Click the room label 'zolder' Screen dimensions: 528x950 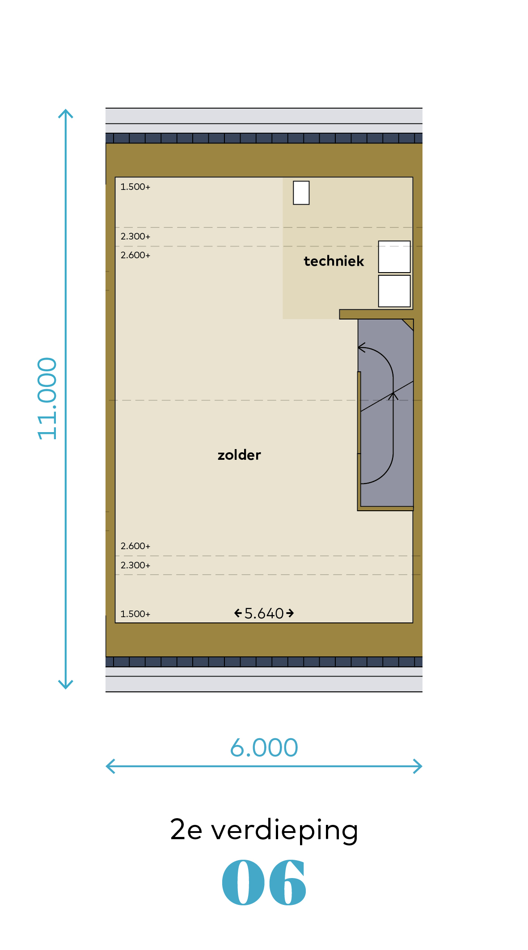click(x=239, y=455)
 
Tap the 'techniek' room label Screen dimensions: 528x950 click(x=334, y=261)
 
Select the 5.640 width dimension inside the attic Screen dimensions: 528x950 click(x=264, y=613)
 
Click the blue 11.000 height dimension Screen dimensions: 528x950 click(x=47, y=398)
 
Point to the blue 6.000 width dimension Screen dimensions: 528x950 click(x=264, y=748)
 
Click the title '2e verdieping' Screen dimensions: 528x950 click(x=264, y=830)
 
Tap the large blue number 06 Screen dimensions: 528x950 click(x=264, y=883)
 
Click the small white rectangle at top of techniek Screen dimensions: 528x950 click(x=301, y=193)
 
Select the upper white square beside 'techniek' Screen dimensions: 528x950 click(x=394, y=256)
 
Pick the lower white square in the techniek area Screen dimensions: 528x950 click(x=394, y=291)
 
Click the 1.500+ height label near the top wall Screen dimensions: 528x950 click(x=135, y=187)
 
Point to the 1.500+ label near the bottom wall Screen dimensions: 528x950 click(x=135, y=614)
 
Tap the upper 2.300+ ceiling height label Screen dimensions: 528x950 click(x=135, y=236)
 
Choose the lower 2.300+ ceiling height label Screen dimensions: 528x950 click(x=135, y=565)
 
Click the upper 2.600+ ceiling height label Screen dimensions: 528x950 click(x=135, y=255)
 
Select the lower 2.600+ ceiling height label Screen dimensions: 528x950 click(x=135, y=546)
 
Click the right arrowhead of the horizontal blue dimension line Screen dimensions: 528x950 click(x=419, y=766)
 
